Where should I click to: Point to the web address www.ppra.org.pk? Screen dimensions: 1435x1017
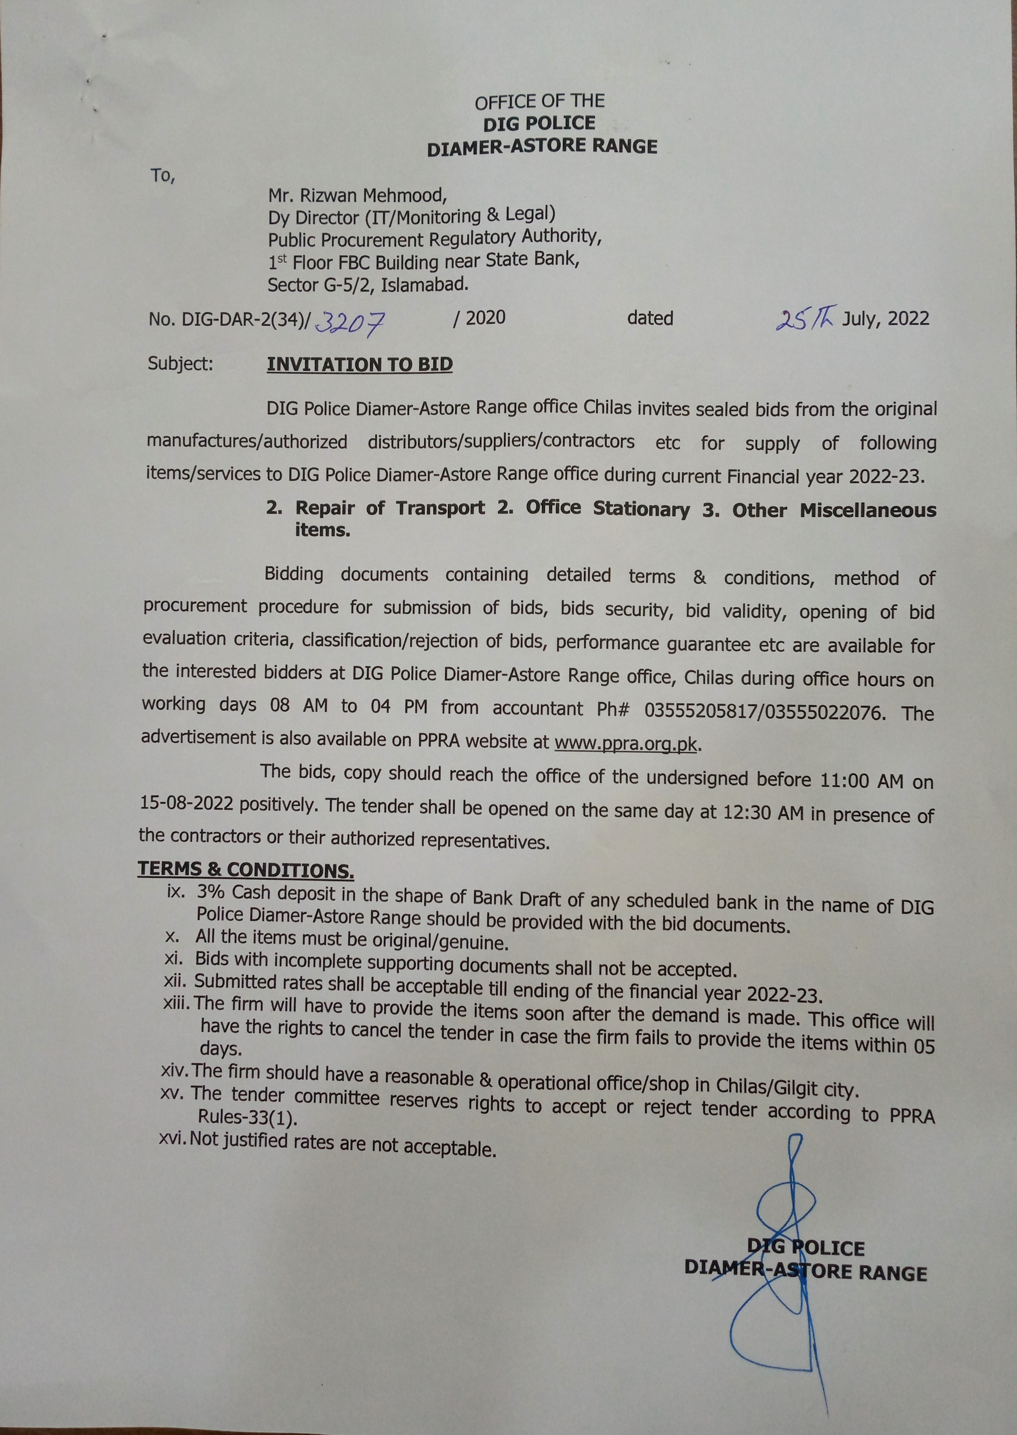coord(625,743)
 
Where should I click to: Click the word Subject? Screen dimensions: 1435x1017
coord(180,363)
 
